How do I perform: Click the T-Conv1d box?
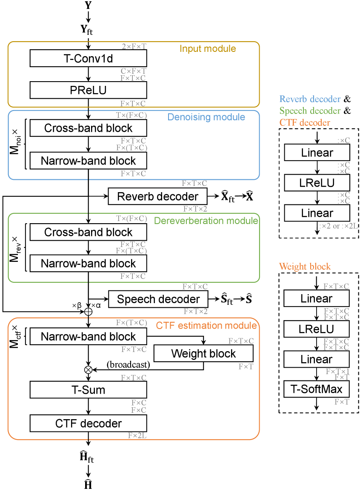pos(88,58)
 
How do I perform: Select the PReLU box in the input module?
pos(88,90)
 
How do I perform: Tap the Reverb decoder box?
pos(157,196)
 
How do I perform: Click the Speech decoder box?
pos(158,299)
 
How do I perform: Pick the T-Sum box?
pos(88,389)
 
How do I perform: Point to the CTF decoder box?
pos(88,423)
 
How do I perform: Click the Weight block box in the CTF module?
pos(203,353)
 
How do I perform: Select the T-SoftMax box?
pos(316,388)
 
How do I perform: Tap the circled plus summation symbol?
pos(89,312)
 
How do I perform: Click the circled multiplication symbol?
pos(89,369)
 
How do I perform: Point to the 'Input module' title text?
pos(208,48)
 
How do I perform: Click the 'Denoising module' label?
pos(206,117)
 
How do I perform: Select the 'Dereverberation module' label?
pos(206,221)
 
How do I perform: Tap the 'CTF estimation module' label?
pos(206,326)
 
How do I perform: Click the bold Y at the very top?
pos(88,6)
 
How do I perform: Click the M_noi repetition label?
pos(15,144)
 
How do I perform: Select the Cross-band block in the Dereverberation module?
pos(88,232)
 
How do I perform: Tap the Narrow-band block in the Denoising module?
pos(88,161)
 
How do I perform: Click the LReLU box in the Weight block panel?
pos(316,329)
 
